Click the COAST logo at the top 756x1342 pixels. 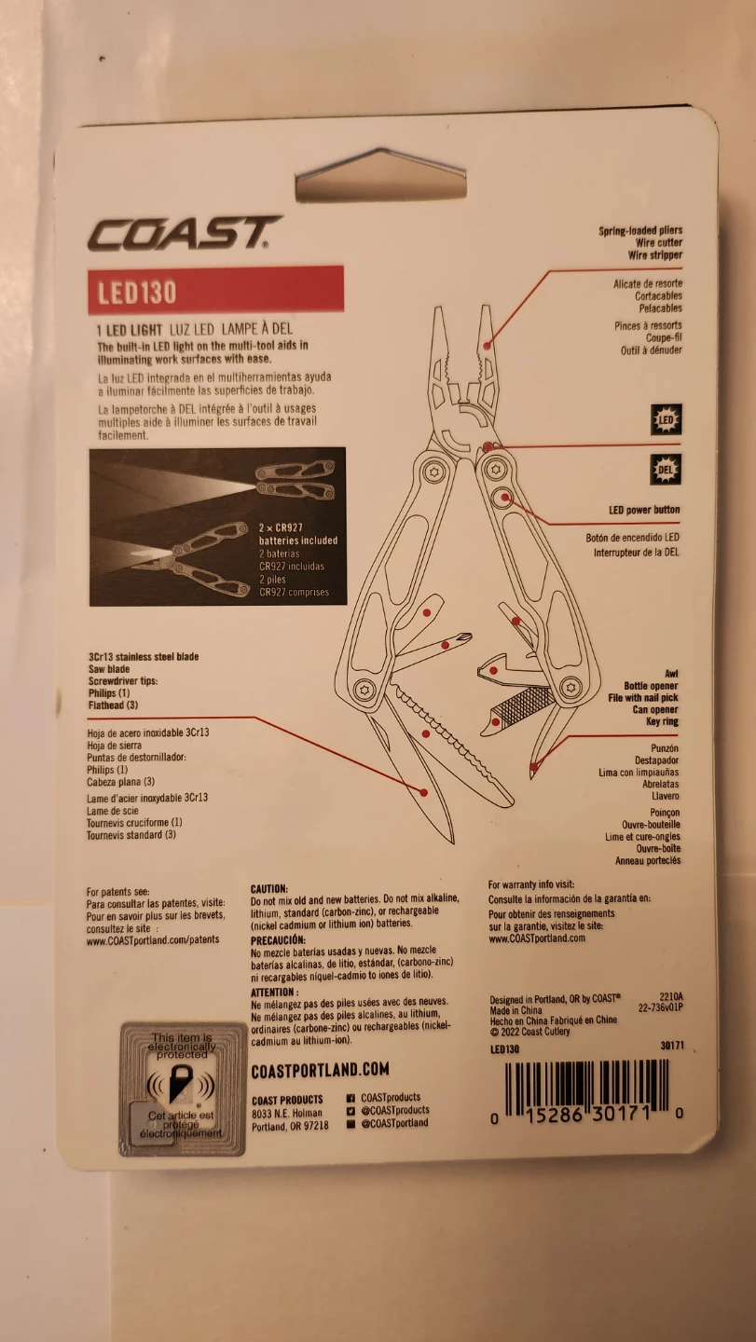(x=184, y=234)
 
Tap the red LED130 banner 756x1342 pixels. (x=215, y=290)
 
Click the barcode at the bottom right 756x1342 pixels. (x=588, y=1088)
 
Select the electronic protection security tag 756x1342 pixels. (x=183, y=1089)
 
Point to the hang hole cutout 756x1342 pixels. (x=380, y=178)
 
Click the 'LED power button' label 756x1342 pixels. (x=644, y=510)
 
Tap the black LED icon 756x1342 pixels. (x=666, y=420)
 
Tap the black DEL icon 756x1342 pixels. (x=666, y=470)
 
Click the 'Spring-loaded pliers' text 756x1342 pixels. (x=639, y=230)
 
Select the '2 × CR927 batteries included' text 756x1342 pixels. (x=297, y=534)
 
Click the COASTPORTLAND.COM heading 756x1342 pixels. (x=320, y=1070)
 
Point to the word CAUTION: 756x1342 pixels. (x=269, y=890)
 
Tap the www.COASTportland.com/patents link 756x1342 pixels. (x=153, y=940)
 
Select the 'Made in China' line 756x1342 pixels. (x=517, y=1010)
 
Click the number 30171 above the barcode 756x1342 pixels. (x=670, y=1047)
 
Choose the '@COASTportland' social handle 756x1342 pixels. (x=394, y=1123)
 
